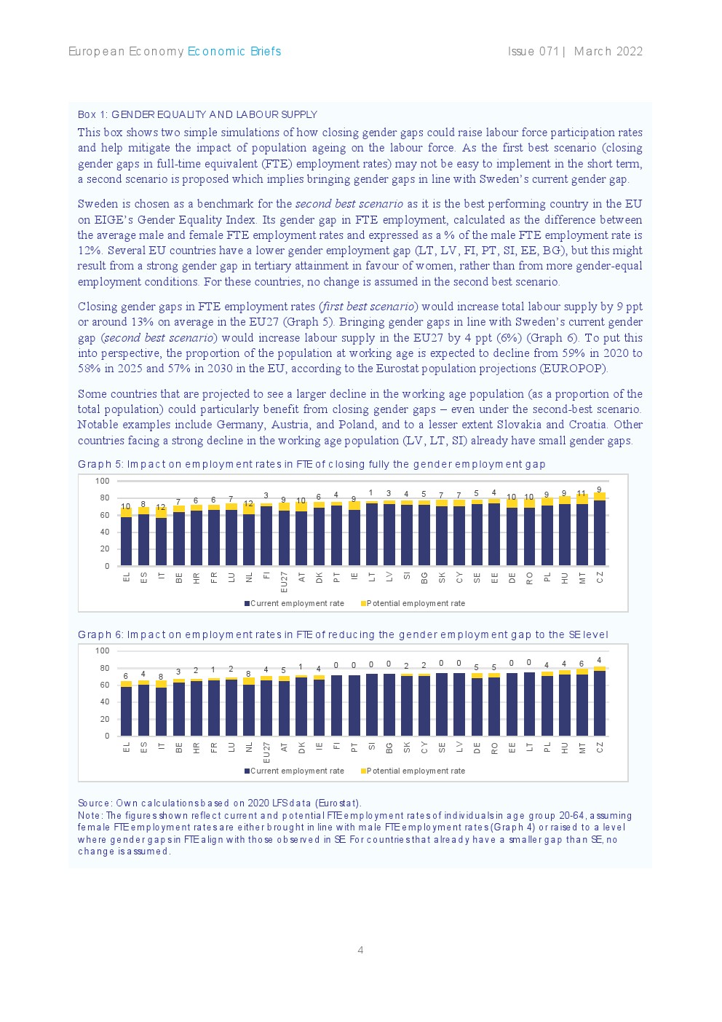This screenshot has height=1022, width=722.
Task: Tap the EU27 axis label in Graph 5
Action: pos(285,581)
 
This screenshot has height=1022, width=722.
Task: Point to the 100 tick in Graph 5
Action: pos(102,481)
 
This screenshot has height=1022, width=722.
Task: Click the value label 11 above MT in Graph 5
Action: pos(582,493)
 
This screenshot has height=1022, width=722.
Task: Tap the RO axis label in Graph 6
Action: pos(494,747)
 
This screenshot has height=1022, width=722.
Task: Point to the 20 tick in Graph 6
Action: pos(104,719)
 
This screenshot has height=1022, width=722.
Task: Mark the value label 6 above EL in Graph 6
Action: pos(126,676)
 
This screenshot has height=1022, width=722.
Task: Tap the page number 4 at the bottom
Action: pos(360,950)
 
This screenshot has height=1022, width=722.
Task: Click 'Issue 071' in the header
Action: pos(533,51)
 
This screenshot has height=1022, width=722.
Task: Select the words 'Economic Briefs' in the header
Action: pos(234,51)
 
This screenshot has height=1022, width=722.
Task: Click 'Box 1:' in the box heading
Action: pos(92,114)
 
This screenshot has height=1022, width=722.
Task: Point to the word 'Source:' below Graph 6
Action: pos(95,803)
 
